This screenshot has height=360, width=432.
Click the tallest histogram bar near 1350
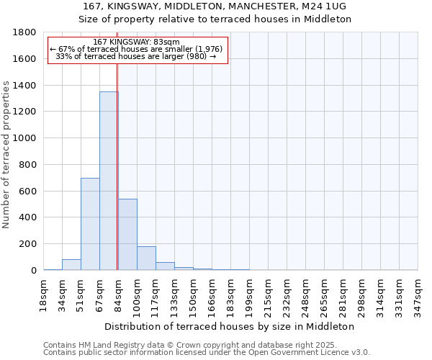[109, 181]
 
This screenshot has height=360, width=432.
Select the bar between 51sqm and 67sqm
[90, 224]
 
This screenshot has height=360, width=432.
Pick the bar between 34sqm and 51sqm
[71, 264]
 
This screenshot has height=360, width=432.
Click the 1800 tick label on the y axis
[26, 32]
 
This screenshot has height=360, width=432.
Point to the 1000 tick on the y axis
[26, 138]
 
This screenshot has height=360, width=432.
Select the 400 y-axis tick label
[29, 217]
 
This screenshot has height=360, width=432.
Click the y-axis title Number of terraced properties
[7, 155]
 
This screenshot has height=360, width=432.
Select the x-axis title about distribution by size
[235, 326]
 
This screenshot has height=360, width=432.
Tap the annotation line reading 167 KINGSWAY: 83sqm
[137, 42]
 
